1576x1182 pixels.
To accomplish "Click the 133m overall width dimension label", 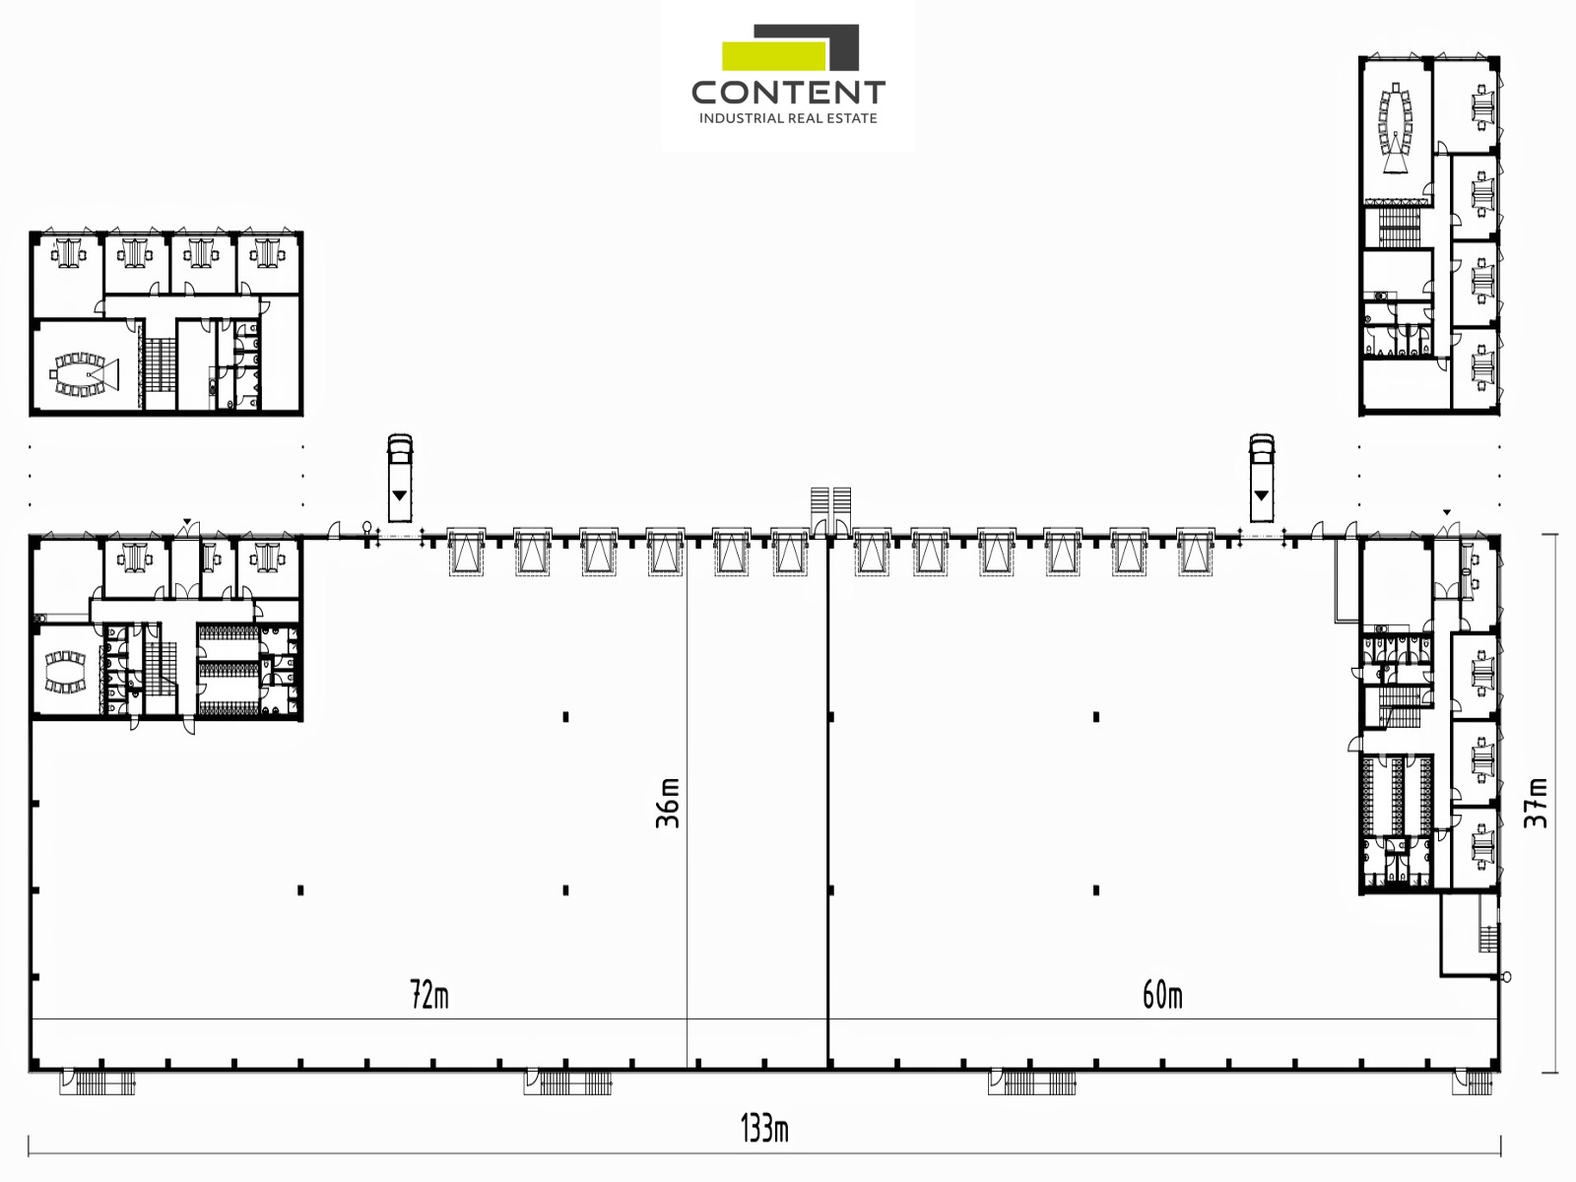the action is point(764,1130).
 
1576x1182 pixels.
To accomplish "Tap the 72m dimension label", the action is point(429,995).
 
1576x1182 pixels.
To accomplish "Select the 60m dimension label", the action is point(1162,995).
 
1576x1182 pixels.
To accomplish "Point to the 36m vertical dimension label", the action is point(668,803).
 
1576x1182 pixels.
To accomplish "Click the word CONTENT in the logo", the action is point(788,93).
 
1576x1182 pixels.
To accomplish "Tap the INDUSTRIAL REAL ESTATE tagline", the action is point(788,118).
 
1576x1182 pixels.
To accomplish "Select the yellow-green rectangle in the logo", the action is point(774,56).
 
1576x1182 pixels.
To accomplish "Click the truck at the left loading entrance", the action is point(400,478).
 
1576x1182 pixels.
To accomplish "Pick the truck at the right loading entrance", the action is point(1262,478).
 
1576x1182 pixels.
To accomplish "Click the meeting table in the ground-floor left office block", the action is point(65,672).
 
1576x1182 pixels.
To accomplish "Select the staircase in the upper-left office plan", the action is point(161,364).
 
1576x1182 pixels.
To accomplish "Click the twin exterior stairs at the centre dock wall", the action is point(830,510).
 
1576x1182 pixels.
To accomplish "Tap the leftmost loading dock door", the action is point(467,552).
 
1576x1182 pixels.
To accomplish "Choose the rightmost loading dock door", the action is point(1195,552).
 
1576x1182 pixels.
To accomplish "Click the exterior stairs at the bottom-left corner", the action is point(98,1083).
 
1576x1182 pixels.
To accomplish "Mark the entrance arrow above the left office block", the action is point(187,521).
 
